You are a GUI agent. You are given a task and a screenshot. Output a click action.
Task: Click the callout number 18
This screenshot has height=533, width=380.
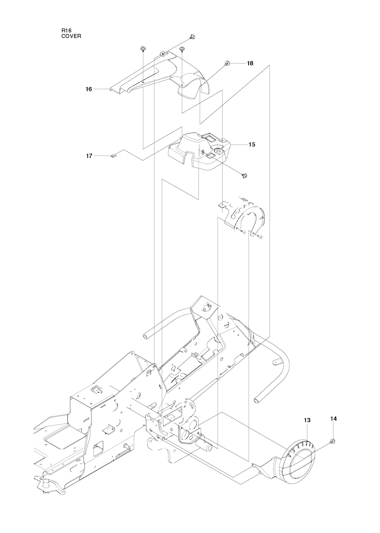pyautogui.click(x=250, y=63)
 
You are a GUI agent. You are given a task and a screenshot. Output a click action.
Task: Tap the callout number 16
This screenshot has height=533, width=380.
pyautogui.click(x=89, y=89)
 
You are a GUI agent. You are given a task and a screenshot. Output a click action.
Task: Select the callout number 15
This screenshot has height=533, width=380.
pyautogui.click(x=252, y=144)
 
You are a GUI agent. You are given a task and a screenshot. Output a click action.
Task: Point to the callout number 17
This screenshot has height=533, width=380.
pyautogui.click(x=89, y=156)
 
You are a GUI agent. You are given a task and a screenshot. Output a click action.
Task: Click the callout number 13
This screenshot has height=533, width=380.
pyautogui.click(x=307, y=420)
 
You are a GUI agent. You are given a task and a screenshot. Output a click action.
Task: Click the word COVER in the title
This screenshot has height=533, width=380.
pyautogui.click(x=71, y=36)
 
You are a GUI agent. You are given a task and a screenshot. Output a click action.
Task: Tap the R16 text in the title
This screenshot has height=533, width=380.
pyautogui.click(x=66, y=31)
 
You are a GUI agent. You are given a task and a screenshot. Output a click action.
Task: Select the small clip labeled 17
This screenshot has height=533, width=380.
pyautogui.click(x=113, y=156)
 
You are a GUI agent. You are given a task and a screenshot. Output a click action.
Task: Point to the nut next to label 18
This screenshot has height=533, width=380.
pyautogui.click(x=226, y=64)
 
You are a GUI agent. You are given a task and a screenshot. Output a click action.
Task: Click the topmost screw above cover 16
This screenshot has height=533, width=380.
pyautogui.click(x=192, y=36)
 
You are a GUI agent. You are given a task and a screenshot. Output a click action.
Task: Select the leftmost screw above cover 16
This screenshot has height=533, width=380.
pyautogui.click(x=143, y=49)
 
